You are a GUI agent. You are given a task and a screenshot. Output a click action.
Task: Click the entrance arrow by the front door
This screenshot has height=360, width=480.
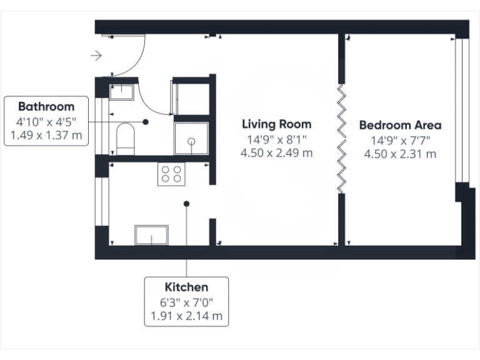(x=96, y=56)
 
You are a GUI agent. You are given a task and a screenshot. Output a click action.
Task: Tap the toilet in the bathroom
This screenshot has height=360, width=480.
(x=126, y=138)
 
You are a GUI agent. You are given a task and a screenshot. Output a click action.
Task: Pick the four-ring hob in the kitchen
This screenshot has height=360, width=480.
(x=172, y=174)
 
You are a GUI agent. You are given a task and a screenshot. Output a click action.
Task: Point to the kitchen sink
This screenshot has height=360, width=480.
(x=152, y=235)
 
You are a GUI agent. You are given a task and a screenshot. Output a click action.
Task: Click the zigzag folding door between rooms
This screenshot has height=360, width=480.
(x=341, y=138)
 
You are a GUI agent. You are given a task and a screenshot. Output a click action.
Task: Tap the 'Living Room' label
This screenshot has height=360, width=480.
(x=276, y=124)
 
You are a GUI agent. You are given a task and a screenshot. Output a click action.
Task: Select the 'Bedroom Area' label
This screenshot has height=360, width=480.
(x=400, y=125)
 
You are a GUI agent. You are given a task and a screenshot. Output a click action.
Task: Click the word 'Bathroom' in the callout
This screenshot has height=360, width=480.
(x=46, y=106)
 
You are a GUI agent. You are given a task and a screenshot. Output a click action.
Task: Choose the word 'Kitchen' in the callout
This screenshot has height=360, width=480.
(x=186, y=287)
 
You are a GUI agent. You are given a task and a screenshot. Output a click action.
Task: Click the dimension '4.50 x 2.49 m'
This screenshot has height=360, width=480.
(x=276, y=152)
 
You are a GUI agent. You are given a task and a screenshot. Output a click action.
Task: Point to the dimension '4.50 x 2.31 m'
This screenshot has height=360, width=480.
(x=400, y=154)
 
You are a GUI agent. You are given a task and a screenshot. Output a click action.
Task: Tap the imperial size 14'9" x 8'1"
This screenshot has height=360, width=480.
(x=276, y=139)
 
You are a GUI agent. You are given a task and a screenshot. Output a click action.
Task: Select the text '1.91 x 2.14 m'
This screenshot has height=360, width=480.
(x=186, y=316)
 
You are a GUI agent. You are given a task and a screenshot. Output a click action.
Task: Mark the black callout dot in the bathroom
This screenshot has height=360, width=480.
(x=145, y=122)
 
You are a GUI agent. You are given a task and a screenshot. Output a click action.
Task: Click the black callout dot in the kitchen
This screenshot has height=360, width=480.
(x=186, y=203)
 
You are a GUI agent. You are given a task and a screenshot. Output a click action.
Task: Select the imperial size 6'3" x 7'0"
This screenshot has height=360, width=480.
(x=186, y=302)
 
